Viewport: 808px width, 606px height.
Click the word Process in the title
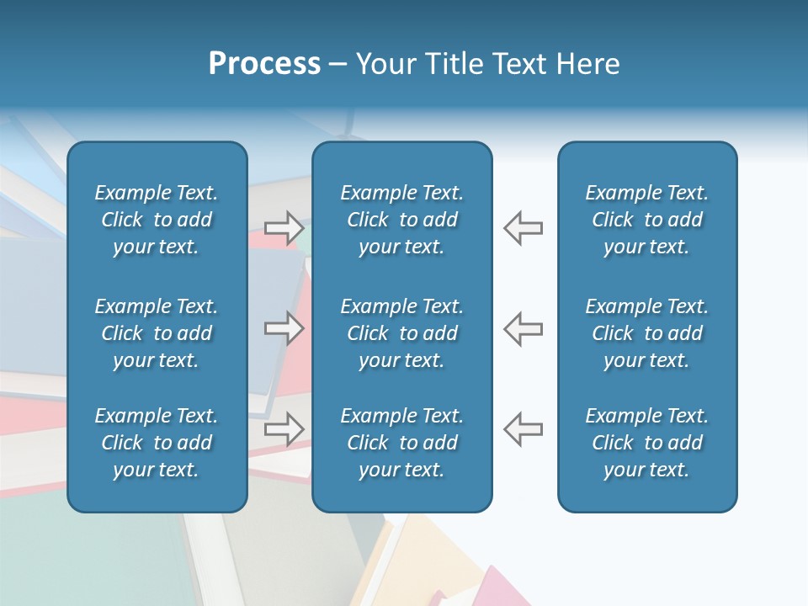(x=264, y=64)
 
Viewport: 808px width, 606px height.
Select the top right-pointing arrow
(x=284, y=228)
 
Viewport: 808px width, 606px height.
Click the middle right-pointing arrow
(x=284, y=328)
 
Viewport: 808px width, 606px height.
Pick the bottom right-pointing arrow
(x=284, y=428)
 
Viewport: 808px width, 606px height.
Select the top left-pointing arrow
(x=523, y=228)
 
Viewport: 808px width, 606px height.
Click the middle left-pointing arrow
(x=523, y=328)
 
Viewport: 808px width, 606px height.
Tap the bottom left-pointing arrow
(x=523, y=428)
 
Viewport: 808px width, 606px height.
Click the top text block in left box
(x=157, y=220)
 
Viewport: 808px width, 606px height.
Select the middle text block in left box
(x=157, y=333)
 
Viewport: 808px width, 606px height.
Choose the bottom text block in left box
(x=157, y=443)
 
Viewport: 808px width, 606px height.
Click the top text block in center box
(x=401, y=220)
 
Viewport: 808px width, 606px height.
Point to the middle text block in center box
(x=401, y=333)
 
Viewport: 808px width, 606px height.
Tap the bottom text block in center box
(x=401, y=443)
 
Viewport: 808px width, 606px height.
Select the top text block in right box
(x=646, y=220)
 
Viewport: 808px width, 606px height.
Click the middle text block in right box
(x=646, y=333)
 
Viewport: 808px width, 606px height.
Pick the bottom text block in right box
(x=646, y=443)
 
